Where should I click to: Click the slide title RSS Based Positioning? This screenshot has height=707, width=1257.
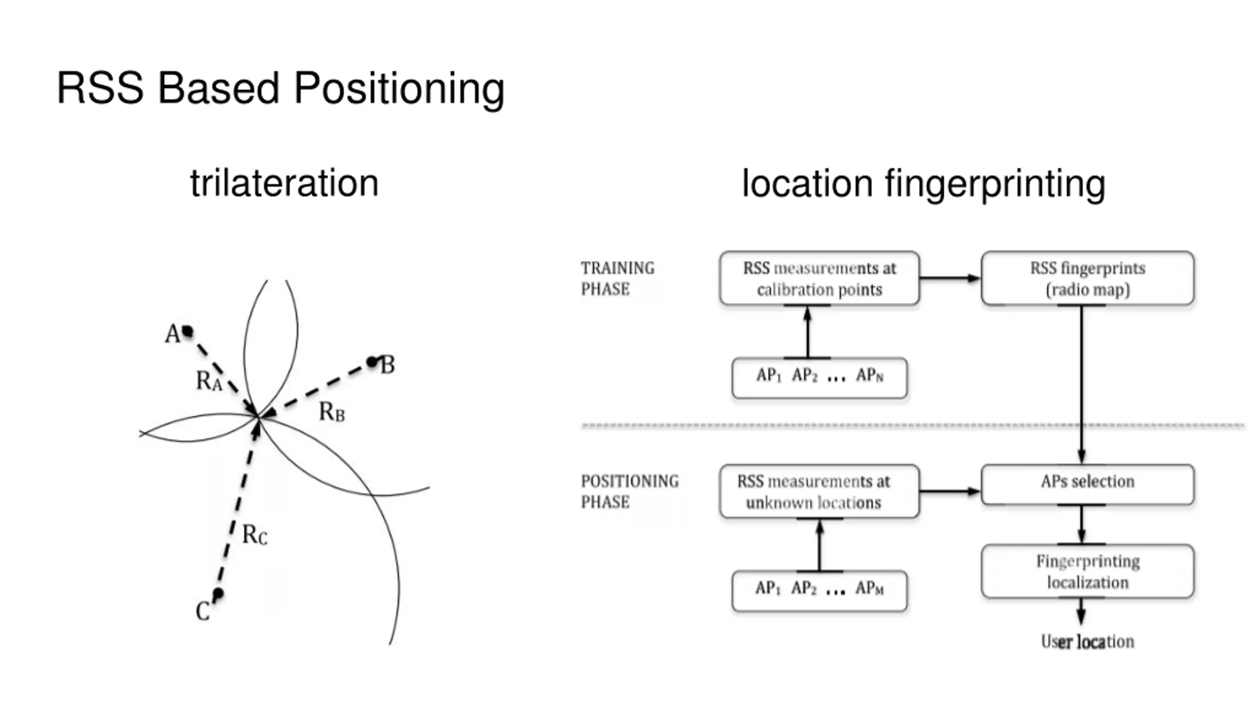coord(280,89)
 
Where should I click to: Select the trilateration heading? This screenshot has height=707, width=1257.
coord(284,183)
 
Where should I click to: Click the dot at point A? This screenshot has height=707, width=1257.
coord(187,331)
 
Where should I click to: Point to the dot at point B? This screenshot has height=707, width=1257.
coord(373,362)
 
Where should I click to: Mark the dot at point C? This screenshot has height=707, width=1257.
coord(218,594)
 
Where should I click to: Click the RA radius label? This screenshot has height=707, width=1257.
coord(209,381)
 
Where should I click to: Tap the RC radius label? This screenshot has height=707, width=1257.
coord(255,534)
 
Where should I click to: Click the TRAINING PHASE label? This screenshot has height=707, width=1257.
coord(618,278)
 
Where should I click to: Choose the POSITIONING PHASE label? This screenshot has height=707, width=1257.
coord(630,491)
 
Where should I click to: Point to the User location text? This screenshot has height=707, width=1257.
coord(1088,641)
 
